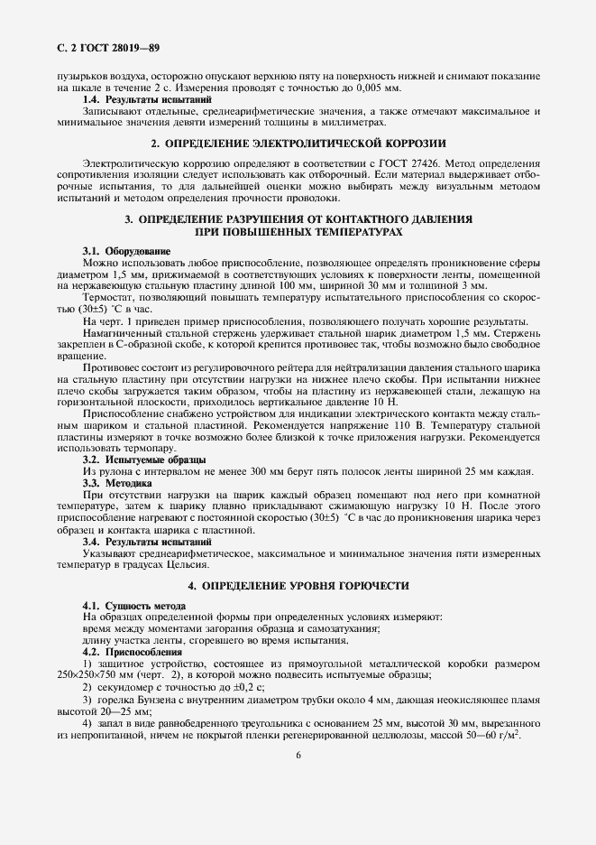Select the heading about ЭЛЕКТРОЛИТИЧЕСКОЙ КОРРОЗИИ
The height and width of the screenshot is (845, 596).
[298, 143]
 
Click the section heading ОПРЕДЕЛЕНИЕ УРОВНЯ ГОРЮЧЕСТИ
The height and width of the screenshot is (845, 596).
[298, 586]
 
